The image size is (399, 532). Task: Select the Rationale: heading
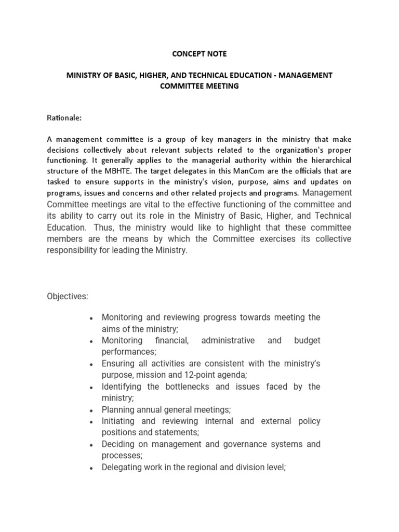point(64,118)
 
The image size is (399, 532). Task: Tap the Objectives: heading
point(68,296)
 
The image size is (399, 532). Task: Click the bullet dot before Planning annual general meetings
point(91,410)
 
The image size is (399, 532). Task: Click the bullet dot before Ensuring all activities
point(91,364)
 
